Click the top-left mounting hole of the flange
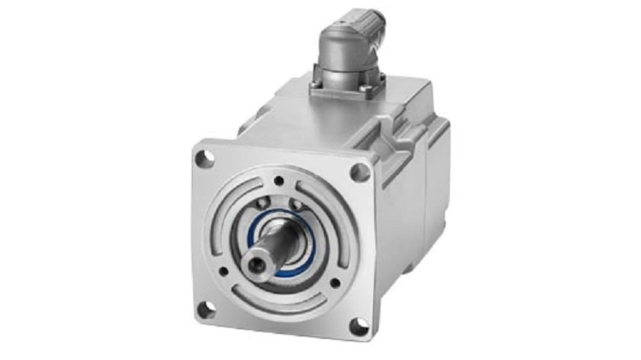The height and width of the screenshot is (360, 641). click(x=204, y=158)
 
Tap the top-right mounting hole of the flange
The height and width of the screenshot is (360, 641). click(x=360, y=172)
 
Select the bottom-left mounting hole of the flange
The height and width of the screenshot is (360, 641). click(x=206, y=310)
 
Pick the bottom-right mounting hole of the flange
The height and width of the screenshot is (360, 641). click(x=359, y=327)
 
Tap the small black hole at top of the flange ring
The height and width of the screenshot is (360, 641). click(x=279, y=181)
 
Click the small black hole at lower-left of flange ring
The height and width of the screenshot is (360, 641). click(x=223, y=271)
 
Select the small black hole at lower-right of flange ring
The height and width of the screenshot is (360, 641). click(x=335, y=283)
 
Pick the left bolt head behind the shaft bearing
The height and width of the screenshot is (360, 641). click(x=261, y=204)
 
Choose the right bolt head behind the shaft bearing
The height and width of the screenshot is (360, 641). click(x=297, y=205)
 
